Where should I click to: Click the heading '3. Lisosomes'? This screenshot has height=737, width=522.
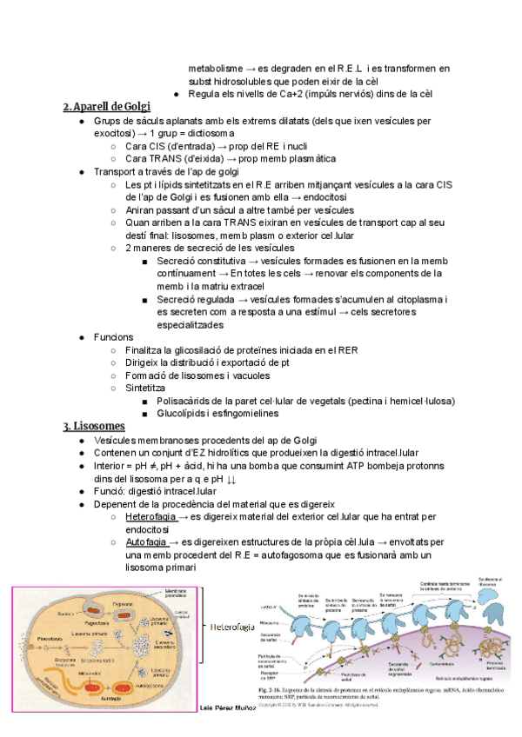coord(94,426)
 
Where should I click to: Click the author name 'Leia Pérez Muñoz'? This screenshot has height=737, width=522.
coord(223,708)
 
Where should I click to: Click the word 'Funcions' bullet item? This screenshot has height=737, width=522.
coord(114,337)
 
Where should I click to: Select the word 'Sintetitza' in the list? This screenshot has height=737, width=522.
coord(150,388)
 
